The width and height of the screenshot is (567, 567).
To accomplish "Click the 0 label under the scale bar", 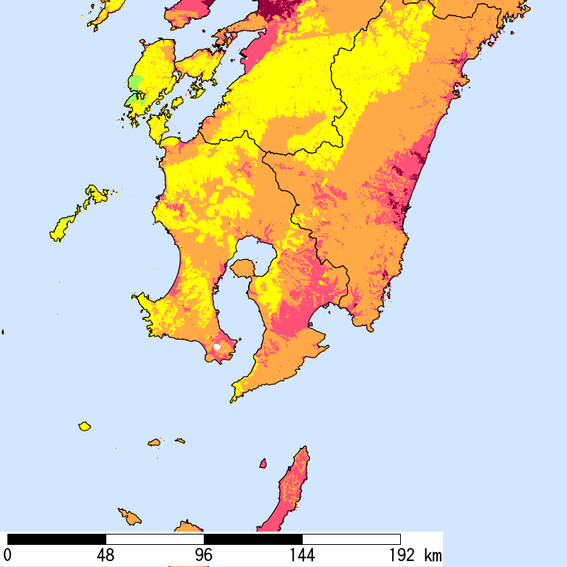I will [x=7, y=554].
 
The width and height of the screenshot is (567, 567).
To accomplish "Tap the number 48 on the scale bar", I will [x=106, y=554].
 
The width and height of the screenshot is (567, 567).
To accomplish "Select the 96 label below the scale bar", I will [x=204, y=554].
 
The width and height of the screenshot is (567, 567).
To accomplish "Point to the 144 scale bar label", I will [x=302, y=554].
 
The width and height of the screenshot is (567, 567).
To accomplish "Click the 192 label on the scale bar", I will [x=400, y=554].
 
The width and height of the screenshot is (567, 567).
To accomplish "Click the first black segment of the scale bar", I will [x=56, y=539].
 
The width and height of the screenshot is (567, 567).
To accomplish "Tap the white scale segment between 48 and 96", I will [x=155, y=539].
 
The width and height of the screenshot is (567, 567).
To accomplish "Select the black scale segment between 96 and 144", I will [x=253, y=539].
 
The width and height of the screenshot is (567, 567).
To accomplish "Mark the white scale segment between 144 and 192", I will [x=351, y=539].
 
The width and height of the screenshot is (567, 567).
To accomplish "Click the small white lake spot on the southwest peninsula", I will [x=217, y=346].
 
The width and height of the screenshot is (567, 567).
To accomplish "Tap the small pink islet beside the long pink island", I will [x=263, y=464].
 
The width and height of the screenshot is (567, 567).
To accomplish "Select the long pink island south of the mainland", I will [x=291, y=487].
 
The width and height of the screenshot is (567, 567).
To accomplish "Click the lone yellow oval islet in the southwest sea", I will [x=85, y=426].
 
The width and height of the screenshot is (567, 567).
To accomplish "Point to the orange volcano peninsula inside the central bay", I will [x=244, y=267].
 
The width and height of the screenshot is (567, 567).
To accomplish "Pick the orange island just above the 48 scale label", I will [x=130, y=516].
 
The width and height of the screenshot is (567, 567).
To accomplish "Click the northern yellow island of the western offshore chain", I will [x=95, y=196].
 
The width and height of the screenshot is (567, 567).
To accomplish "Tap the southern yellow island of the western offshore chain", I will [x=62, y=227].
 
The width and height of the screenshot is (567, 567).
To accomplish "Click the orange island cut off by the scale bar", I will [x=189, y=527].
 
